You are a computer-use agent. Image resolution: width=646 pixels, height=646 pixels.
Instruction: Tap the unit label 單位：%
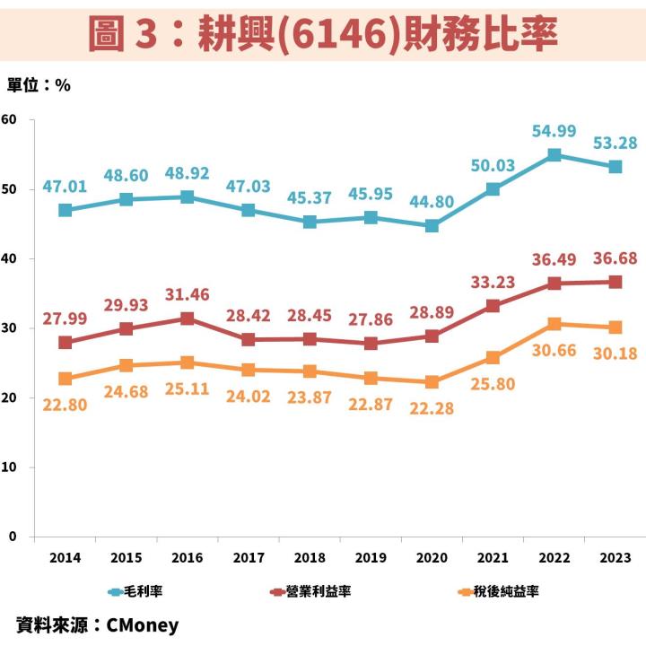coord(39,86)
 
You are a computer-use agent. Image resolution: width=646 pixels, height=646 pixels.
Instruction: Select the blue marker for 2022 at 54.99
coord(554,155)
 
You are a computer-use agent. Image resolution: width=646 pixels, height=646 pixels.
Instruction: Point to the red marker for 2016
coord(187,319)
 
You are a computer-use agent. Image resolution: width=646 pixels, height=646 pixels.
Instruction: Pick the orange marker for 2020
coord(432,381)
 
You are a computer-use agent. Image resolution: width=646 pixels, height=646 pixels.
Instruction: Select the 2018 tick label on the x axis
coord(310,557)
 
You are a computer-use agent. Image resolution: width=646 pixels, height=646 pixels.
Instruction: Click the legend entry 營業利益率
coord(310,592)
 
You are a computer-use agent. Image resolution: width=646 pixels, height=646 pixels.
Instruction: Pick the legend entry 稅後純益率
coord(500,592)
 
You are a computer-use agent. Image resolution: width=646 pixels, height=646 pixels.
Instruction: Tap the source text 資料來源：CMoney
coord(98,624)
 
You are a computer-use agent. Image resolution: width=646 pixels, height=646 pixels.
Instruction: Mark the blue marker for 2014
coord(65,210)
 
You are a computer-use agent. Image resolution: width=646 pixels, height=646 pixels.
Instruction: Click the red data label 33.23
coord(493,282)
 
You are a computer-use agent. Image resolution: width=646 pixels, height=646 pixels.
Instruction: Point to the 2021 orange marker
coord(493,357)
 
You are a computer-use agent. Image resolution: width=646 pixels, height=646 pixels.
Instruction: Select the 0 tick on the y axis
coord(13,537)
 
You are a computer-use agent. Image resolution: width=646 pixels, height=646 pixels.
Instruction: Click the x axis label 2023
coord(615,557)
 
